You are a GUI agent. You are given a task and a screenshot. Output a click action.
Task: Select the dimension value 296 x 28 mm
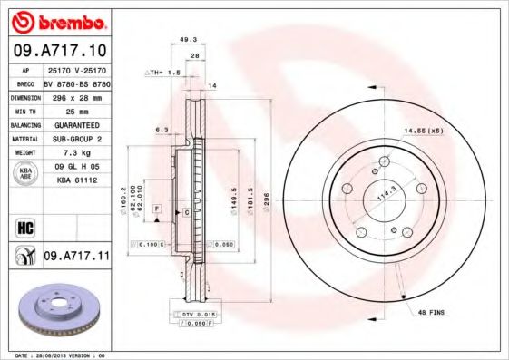tap(76, 95)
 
